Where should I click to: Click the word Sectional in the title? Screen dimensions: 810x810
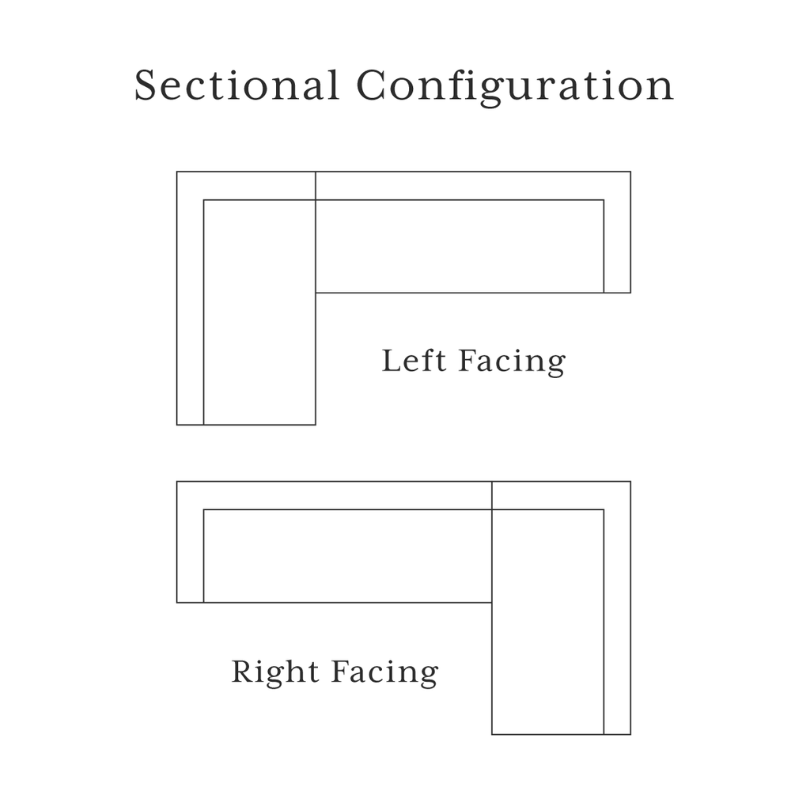[237, 85]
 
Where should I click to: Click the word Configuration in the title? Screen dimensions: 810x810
[515, 88]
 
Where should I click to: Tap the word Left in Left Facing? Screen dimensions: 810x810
[414, 361]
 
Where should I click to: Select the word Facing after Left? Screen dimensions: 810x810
[512, 363]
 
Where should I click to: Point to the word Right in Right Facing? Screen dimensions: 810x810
[274, 672]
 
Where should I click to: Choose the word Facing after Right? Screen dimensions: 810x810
[385, 673]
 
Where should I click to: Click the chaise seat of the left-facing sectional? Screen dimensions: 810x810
[259, 312]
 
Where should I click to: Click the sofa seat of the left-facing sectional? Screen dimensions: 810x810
[460, 246]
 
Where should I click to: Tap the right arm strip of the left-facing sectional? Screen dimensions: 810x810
[617, 246]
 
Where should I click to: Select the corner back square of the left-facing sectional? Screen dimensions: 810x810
[246, 185]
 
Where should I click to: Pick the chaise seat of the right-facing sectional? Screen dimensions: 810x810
[547, 622]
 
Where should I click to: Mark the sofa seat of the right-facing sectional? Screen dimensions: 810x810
[348, 556]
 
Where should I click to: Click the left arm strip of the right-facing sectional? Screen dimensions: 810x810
[190, 556]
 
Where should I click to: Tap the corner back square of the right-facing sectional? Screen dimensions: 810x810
[561, 495]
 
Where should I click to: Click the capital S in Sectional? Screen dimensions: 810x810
[146, 85]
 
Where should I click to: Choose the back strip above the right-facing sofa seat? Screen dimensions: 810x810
[335, 495]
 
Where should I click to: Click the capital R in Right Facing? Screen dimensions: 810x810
[244, 672]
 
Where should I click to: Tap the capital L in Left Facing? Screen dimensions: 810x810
[392, 361]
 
